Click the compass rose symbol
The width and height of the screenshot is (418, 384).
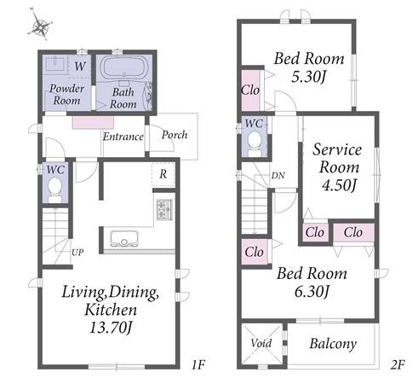tap(40, 26)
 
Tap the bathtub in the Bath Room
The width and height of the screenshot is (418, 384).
tap(124, 67)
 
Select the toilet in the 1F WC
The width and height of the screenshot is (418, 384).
tap(54, 189)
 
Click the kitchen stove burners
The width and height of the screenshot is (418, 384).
tap(164, 209)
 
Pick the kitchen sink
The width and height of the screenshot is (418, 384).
tap(124, 238)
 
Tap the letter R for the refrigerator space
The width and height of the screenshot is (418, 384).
tap(163, 174)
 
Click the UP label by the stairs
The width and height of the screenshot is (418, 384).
tap(77, 252)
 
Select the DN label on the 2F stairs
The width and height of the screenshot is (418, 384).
tap(278, 176)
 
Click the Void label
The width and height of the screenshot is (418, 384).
tap(261, 343)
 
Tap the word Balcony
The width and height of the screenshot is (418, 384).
tap(333, 344)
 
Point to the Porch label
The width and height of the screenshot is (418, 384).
tap(175, 135)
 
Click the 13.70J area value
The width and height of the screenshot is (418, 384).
tap(111, 328)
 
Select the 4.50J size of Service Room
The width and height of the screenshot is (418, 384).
tap(339, 185)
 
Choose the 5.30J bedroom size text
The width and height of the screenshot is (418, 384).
tap(308, 77)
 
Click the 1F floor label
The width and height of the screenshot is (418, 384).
tap(198, 364)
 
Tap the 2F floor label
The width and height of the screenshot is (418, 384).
tap(398, 364)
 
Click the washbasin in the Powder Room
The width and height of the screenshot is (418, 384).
tap(55, 65)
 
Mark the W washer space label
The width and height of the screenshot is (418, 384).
tap(80, 67)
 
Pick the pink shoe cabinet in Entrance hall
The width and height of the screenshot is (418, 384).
tap(93, 123)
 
